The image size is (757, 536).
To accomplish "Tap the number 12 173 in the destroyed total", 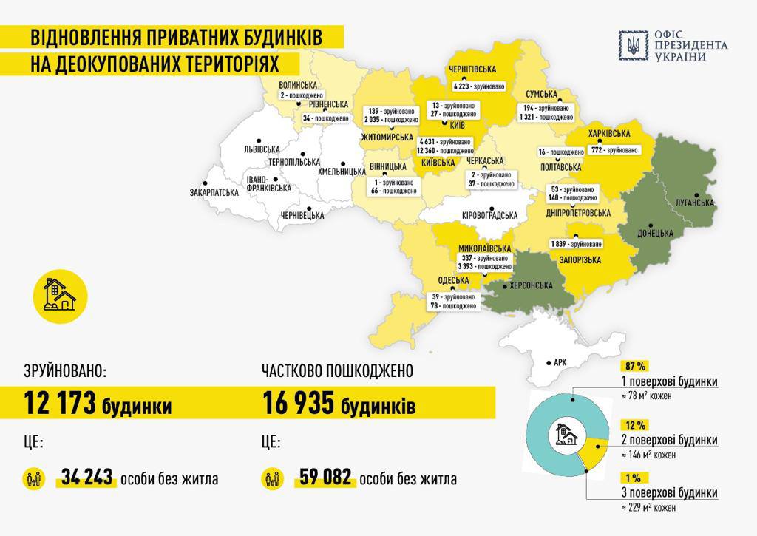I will pos(60,404).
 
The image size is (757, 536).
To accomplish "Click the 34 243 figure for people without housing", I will pos(87,478).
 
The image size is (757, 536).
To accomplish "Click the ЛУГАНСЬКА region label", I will pos(694,202).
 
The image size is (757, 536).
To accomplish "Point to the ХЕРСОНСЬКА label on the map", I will pos(526,285).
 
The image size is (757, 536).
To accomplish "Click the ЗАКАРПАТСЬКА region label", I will pos(214,192).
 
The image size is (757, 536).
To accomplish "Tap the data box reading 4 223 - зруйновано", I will pos(479,86).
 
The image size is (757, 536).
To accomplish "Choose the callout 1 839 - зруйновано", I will pos(575,244).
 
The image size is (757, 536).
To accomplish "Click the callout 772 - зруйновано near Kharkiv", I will pos(613,150).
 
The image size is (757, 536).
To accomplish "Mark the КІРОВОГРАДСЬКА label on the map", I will pos(489,215).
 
